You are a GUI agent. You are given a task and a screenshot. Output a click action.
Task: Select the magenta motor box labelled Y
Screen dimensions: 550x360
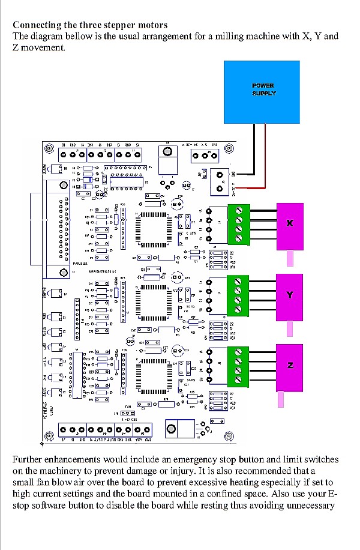click(290, 295)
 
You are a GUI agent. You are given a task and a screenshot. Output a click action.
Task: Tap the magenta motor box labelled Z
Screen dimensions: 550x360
click(290, 365)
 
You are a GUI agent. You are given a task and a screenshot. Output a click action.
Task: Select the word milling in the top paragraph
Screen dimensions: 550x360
click(222, 36)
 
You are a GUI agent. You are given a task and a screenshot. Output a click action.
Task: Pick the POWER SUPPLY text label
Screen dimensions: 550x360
click(263, 89)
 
